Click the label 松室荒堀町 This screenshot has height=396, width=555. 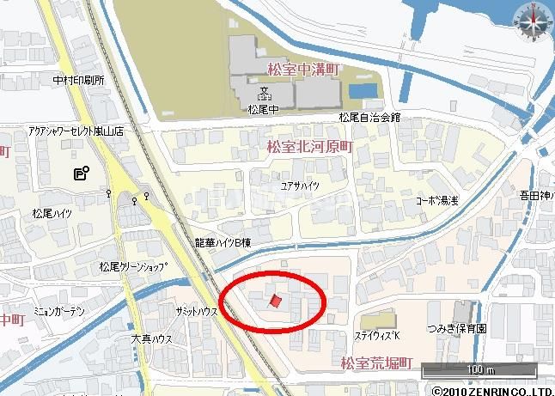[376, 364]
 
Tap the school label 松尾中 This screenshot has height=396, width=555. [259, 109]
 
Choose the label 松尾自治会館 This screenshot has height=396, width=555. [369, 117]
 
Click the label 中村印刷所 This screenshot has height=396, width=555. [78, 80]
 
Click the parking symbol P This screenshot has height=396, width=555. [80, 174]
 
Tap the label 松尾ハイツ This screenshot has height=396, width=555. [53, 210]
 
